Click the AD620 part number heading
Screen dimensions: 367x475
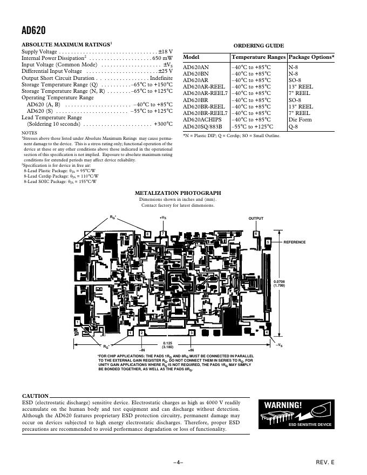pos(33,31)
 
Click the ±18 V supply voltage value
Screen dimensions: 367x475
pos(165,51)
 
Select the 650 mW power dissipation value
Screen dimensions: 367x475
pos(162,58)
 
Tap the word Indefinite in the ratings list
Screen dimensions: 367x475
pos(161,78)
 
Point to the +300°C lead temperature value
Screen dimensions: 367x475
pos(162,124)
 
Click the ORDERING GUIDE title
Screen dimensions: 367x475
pos(259,46)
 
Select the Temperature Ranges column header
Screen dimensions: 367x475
pos(259,57)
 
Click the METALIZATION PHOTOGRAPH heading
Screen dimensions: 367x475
pos(178,193)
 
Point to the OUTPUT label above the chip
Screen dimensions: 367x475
pos(256,218)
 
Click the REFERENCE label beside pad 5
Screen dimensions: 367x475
pos(295,242)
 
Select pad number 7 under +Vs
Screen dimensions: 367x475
pos(162,233)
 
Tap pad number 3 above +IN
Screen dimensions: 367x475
pos(192,333)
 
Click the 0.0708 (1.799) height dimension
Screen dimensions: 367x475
pos(279,283)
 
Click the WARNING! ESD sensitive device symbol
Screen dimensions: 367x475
pos(295,415)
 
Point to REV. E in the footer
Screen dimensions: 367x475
pos(325,463)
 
